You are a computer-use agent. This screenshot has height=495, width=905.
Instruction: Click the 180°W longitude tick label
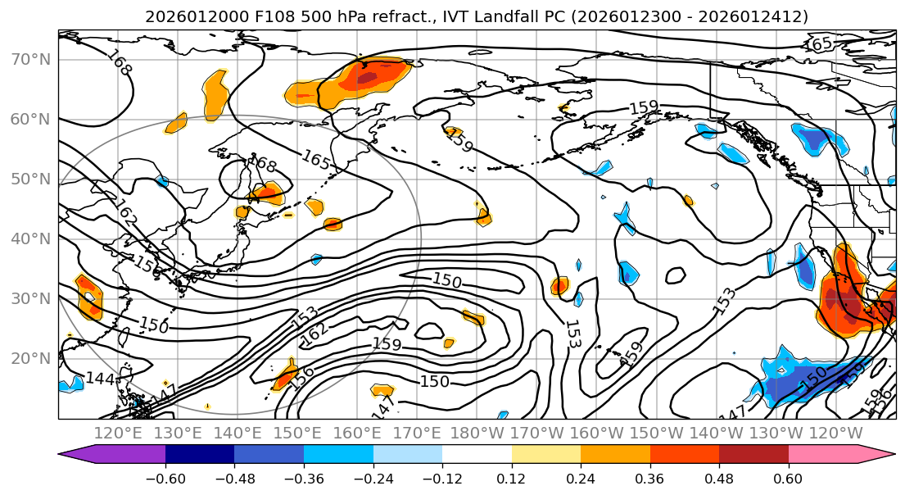477,433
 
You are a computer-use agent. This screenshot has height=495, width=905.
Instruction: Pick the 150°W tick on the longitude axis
657,433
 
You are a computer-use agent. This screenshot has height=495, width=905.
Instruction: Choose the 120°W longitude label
836,433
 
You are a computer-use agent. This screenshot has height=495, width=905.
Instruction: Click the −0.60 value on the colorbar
165,478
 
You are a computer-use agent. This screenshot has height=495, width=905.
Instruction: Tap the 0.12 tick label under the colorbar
511,478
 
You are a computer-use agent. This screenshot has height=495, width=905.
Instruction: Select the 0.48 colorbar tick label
719,478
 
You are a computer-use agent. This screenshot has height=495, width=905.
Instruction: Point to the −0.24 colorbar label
373,478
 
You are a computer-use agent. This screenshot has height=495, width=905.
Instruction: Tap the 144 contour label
99,379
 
